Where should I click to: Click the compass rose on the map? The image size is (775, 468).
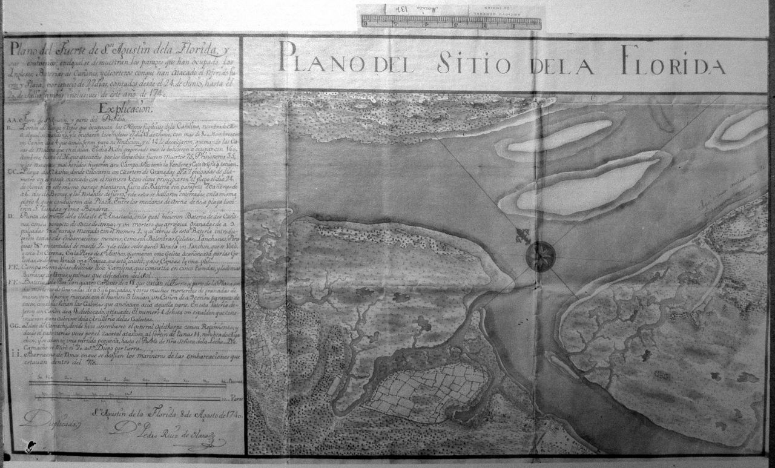540,255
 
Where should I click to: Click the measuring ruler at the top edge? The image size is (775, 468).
451,23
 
